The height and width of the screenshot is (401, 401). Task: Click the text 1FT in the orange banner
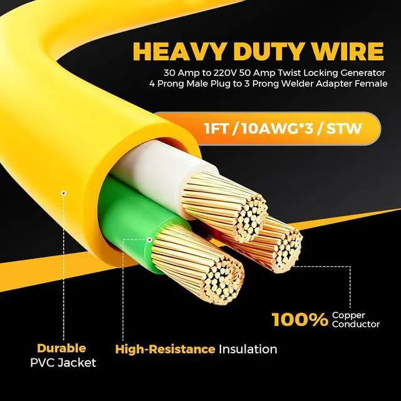point(216,128)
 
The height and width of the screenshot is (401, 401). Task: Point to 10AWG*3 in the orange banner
point(278,128)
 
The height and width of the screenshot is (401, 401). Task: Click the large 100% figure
point(299,320)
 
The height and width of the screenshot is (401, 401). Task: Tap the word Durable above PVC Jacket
point(61,348)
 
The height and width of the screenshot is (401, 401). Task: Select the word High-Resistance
point(165,350)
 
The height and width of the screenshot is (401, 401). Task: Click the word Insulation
point(248,350)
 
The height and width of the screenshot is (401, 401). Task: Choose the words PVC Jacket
point(63,363)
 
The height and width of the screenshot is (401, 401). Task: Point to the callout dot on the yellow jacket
point(64,193)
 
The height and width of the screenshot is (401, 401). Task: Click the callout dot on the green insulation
point(150,240)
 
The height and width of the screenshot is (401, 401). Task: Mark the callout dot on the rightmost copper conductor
point(279,266)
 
